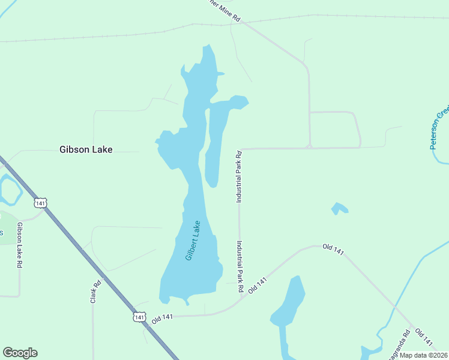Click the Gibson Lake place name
(x=86, y=149)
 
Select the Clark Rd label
(x=95, y=292)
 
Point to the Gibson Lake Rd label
(x=20, y=245)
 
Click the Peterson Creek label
(x=439, y=128)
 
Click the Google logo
(x=20, y=353)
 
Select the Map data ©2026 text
(x=424, y=355)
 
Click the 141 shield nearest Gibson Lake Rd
(x=40, y=203)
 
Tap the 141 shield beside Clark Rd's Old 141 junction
(x=139, y=316)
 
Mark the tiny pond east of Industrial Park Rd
(x=339, y=209)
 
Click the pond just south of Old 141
(x=289, y=306)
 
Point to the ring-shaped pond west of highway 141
(x=9, y=190)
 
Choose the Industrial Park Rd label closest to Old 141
(x=240, y=266)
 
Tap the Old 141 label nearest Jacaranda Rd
(x=424, y=337)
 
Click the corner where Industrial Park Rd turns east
(x=240, y=149)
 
